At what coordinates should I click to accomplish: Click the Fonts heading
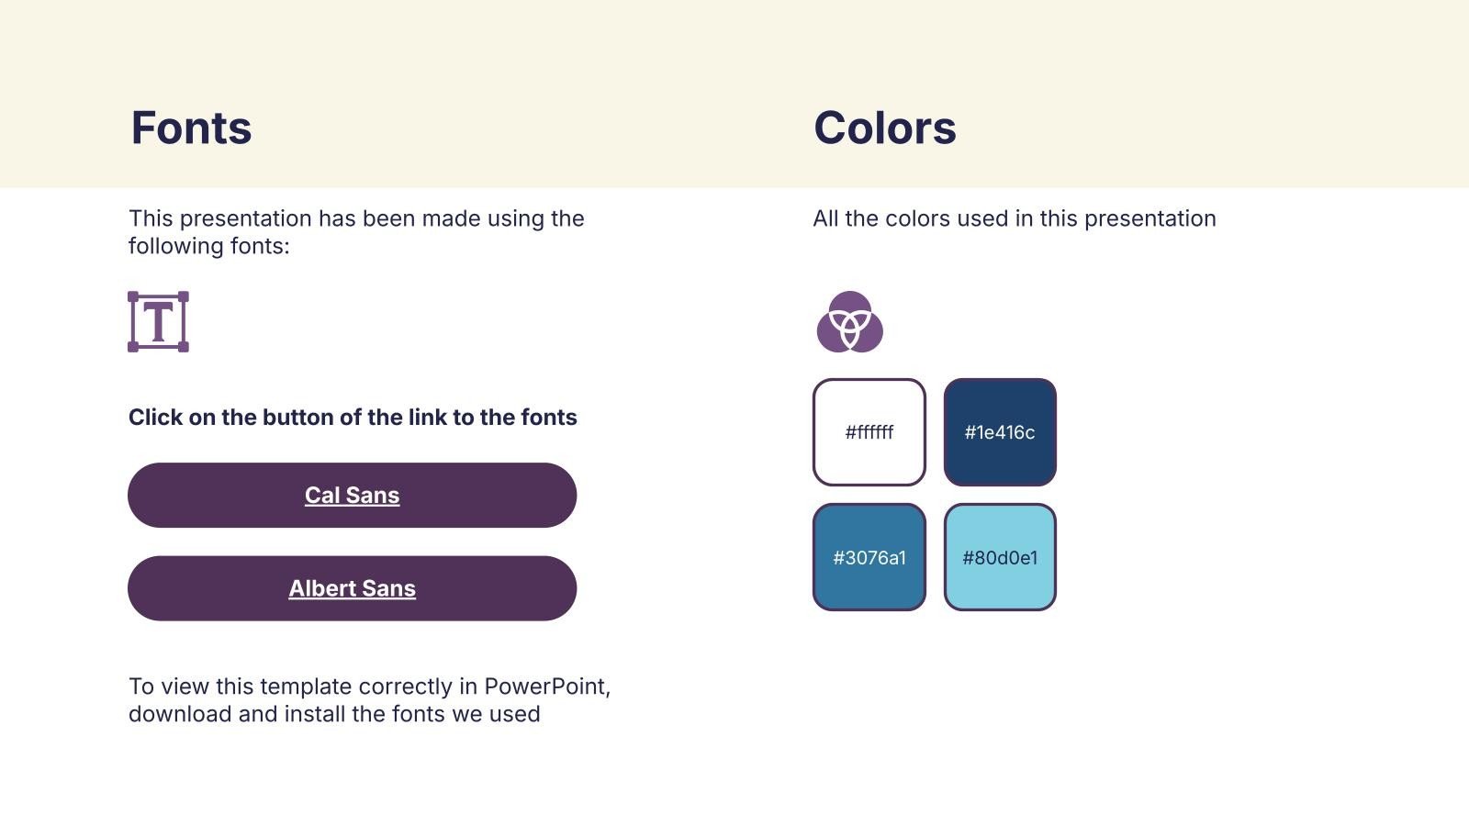pos(191,128)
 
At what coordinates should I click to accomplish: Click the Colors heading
pos(885,128)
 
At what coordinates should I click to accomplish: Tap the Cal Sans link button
pos(353,495)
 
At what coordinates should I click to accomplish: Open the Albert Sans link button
pos(353,588)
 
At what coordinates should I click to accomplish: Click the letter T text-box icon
pos(158,322)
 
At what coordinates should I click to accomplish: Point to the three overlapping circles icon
pos(850,322)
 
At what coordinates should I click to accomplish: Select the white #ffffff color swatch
pos(869,432)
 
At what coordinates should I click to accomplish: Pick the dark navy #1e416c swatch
pos(1000,432)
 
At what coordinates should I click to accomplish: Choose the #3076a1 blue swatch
pos(869,557)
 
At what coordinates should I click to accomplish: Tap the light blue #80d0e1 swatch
pos(1000,557)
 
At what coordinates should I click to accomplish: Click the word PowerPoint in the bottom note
pos(547,686)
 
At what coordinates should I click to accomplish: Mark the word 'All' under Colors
pos(825,218)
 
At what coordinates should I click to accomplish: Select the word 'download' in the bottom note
pos(180,714)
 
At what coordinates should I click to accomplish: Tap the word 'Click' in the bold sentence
pos(155,417)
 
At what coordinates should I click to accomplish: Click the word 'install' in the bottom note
pos(315,714)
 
